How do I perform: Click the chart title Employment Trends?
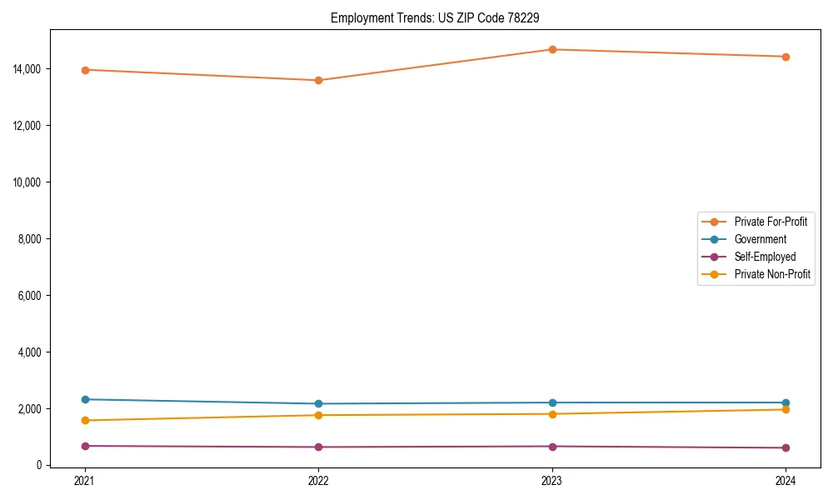click(441, 17)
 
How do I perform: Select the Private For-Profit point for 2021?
click(84, 70)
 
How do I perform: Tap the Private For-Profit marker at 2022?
click(318, 80)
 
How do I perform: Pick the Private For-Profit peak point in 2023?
click(552, 49)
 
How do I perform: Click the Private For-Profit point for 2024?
click(786, 57)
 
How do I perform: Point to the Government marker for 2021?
click(84, 399)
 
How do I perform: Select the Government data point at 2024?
click(786, 402)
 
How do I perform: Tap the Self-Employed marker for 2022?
click(318, 447)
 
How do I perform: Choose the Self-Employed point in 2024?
click(786, 447)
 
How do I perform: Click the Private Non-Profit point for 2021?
click(84, 420)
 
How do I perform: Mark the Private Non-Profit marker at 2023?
click(552, 413)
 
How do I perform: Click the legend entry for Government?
click(760, 239)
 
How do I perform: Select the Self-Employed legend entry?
click(765, 257)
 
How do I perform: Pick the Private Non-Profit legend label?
click(772, 274)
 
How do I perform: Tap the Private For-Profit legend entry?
click(771, 222)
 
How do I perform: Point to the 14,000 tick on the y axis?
click(29, 68)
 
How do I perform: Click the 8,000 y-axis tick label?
click(32, 238)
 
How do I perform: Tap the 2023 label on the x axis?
click(552, 480)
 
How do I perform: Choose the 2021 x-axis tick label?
click(84, 480)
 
